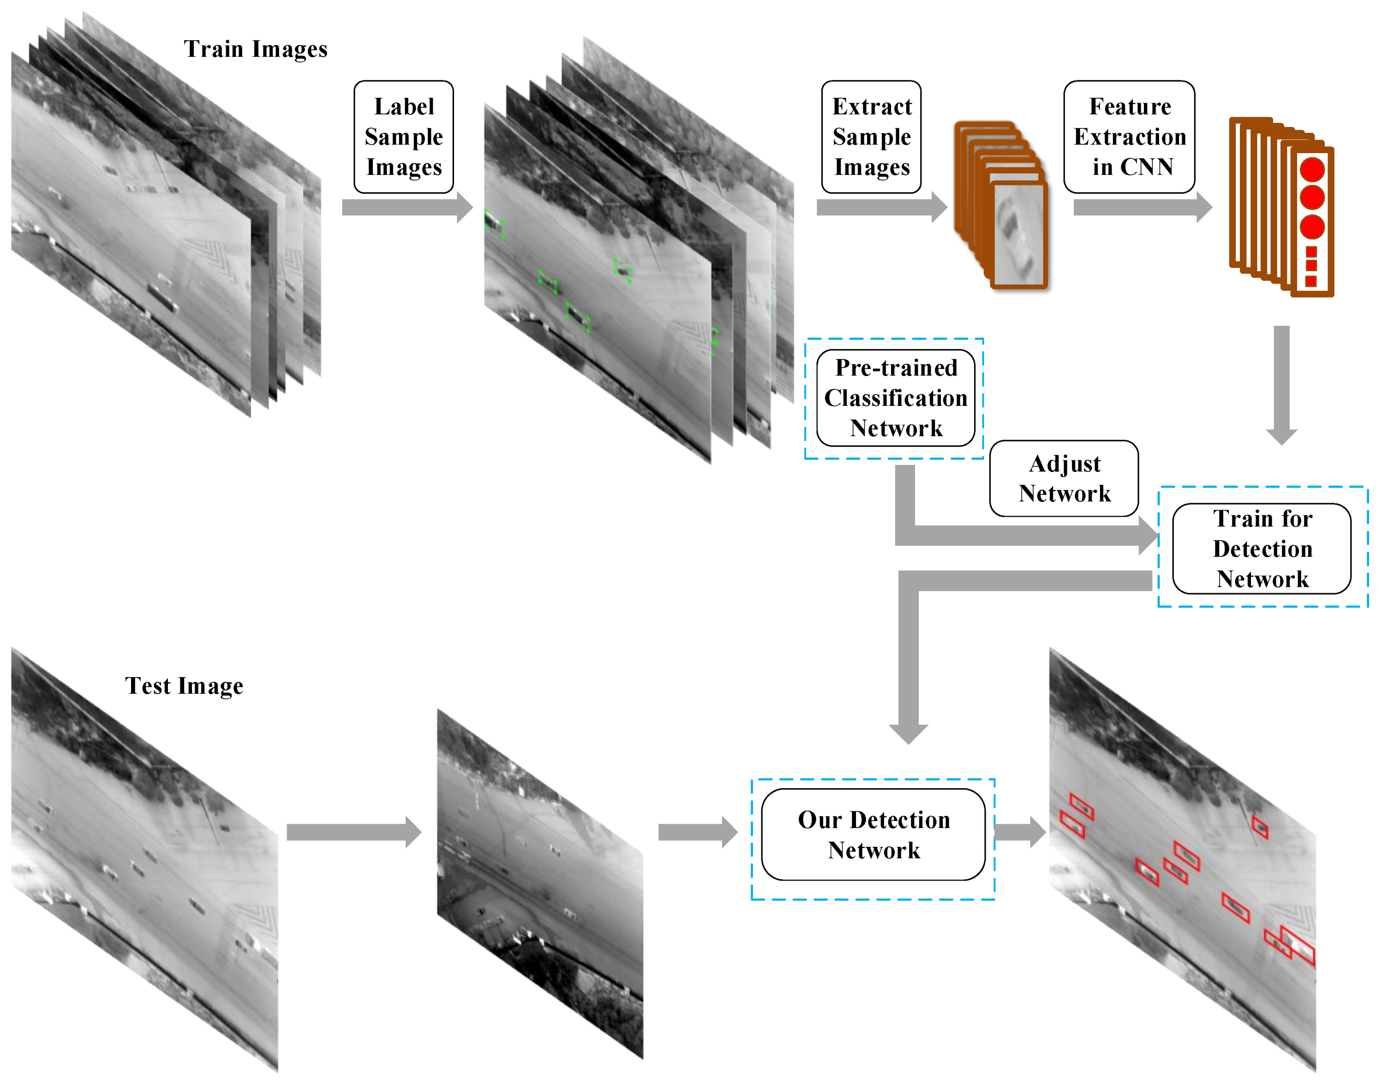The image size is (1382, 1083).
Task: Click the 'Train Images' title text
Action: (255, 49)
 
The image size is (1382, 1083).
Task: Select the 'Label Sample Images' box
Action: (403, 137)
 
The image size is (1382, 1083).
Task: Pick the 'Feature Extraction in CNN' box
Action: (1129, 137)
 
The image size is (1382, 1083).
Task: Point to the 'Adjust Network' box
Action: (1064, 478)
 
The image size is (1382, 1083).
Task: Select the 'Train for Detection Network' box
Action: (1262, 548)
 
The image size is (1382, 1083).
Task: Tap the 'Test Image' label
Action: (184, 685)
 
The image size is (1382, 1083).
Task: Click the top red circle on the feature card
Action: (1311, 169)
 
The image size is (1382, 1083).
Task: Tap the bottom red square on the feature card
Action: (1311, 281)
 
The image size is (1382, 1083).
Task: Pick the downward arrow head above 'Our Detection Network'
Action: (908, 732)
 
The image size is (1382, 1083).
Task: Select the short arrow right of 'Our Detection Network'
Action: (1020, 832)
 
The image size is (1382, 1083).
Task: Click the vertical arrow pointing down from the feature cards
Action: (1281, 384)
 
